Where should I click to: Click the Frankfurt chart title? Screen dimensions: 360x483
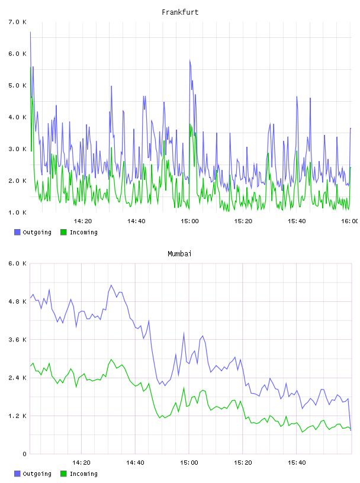coord(180,12)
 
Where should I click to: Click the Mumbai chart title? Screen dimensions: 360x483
coord(179,254)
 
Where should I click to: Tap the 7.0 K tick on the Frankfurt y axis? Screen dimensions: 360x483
coord(18,22)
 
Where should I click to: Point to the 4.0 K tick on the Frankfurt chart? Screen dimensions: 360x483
coord(18,117)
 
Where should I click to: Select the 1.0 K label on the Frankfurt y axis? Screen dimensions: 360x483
coord(18,212)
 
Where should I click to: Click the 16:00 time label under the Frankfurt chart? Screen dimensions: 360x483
coord(350,221)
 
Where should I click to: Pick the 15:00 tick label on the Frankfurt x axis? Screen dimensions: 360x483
coord(189,221)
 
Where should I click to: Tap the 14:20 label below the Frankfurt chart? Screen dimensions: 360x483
coord(83,221)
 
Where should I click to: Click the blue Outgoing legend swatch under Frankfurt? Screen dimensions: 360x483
coord(17,232)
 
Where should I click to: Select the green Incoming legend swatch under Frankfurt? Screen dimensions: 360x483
coord(63,232)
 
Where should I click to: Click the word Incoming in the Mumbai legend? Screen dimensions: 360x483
coord(83,474)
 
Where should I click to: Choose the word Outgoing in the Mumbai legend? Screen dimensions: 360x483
coord(37,474)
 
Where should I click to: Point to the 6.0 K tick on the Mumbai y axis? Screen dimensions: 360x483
coord(18,263)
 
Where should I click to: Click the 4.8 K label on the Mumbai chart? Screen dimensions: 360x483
coord(18,301)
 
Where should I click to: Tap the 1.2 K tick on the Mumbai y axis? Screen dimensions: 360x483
coord(18,416)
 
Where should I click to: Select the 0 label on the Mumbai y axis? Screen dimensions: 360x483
coord(24,454)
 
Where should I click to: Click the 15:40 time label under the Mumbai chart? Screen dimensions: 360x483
coord(297,463)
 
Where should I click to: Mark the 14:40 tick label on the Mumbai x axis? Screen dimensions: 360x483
coord(135,463)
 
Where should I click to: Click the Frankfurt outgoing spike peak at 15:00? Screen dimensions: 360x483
coord(190,60)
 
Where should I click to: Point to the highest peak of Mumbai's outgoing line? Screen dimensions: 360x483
coord(111,285)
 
